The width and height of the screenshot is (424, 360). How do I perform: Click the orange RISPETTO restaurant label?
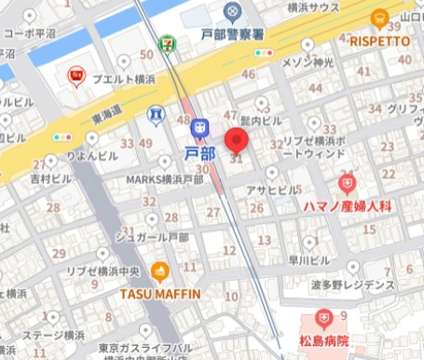pyautogui.click(x=379, y=40)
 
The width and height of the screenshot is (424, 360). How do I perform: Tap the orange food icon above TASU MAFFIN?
pyautogui.click(x=159, y=273)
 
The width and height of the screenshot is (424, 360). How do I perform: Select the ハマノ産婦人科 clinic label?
pyautogui.click(x=347, y=203)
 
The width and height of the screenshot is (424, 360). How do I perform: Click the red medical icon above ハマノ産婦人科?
pyautogui.click(x=348, y=184)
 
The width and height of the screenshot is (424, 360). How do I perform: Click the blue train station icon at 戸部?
pyautogui.click(x=199, y=126)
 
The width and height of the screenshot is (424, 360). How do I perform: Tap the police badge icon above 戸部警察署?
pyautogui.click(x=232, y=11)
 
